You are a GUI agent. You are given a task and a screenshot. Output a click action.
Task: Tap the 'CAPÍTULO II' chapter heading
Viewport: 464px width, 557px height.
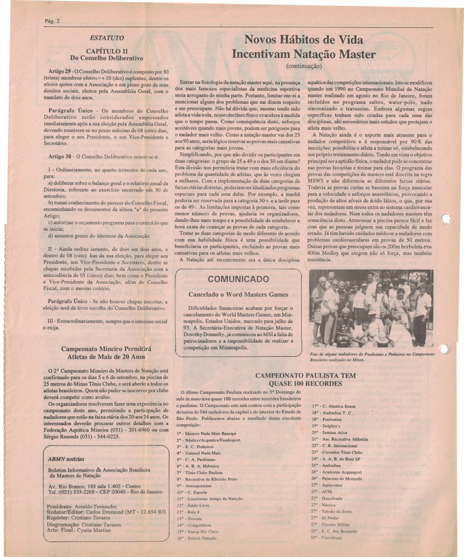pos(106,51)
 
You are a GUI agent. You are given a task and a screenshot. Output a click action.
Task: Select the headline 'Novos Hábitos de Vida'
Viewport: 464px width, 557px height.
pos(304,40)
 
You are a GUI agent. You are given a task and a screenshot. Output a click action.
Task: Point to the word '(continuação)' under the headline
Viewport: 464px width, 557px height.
pos(304,66)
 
